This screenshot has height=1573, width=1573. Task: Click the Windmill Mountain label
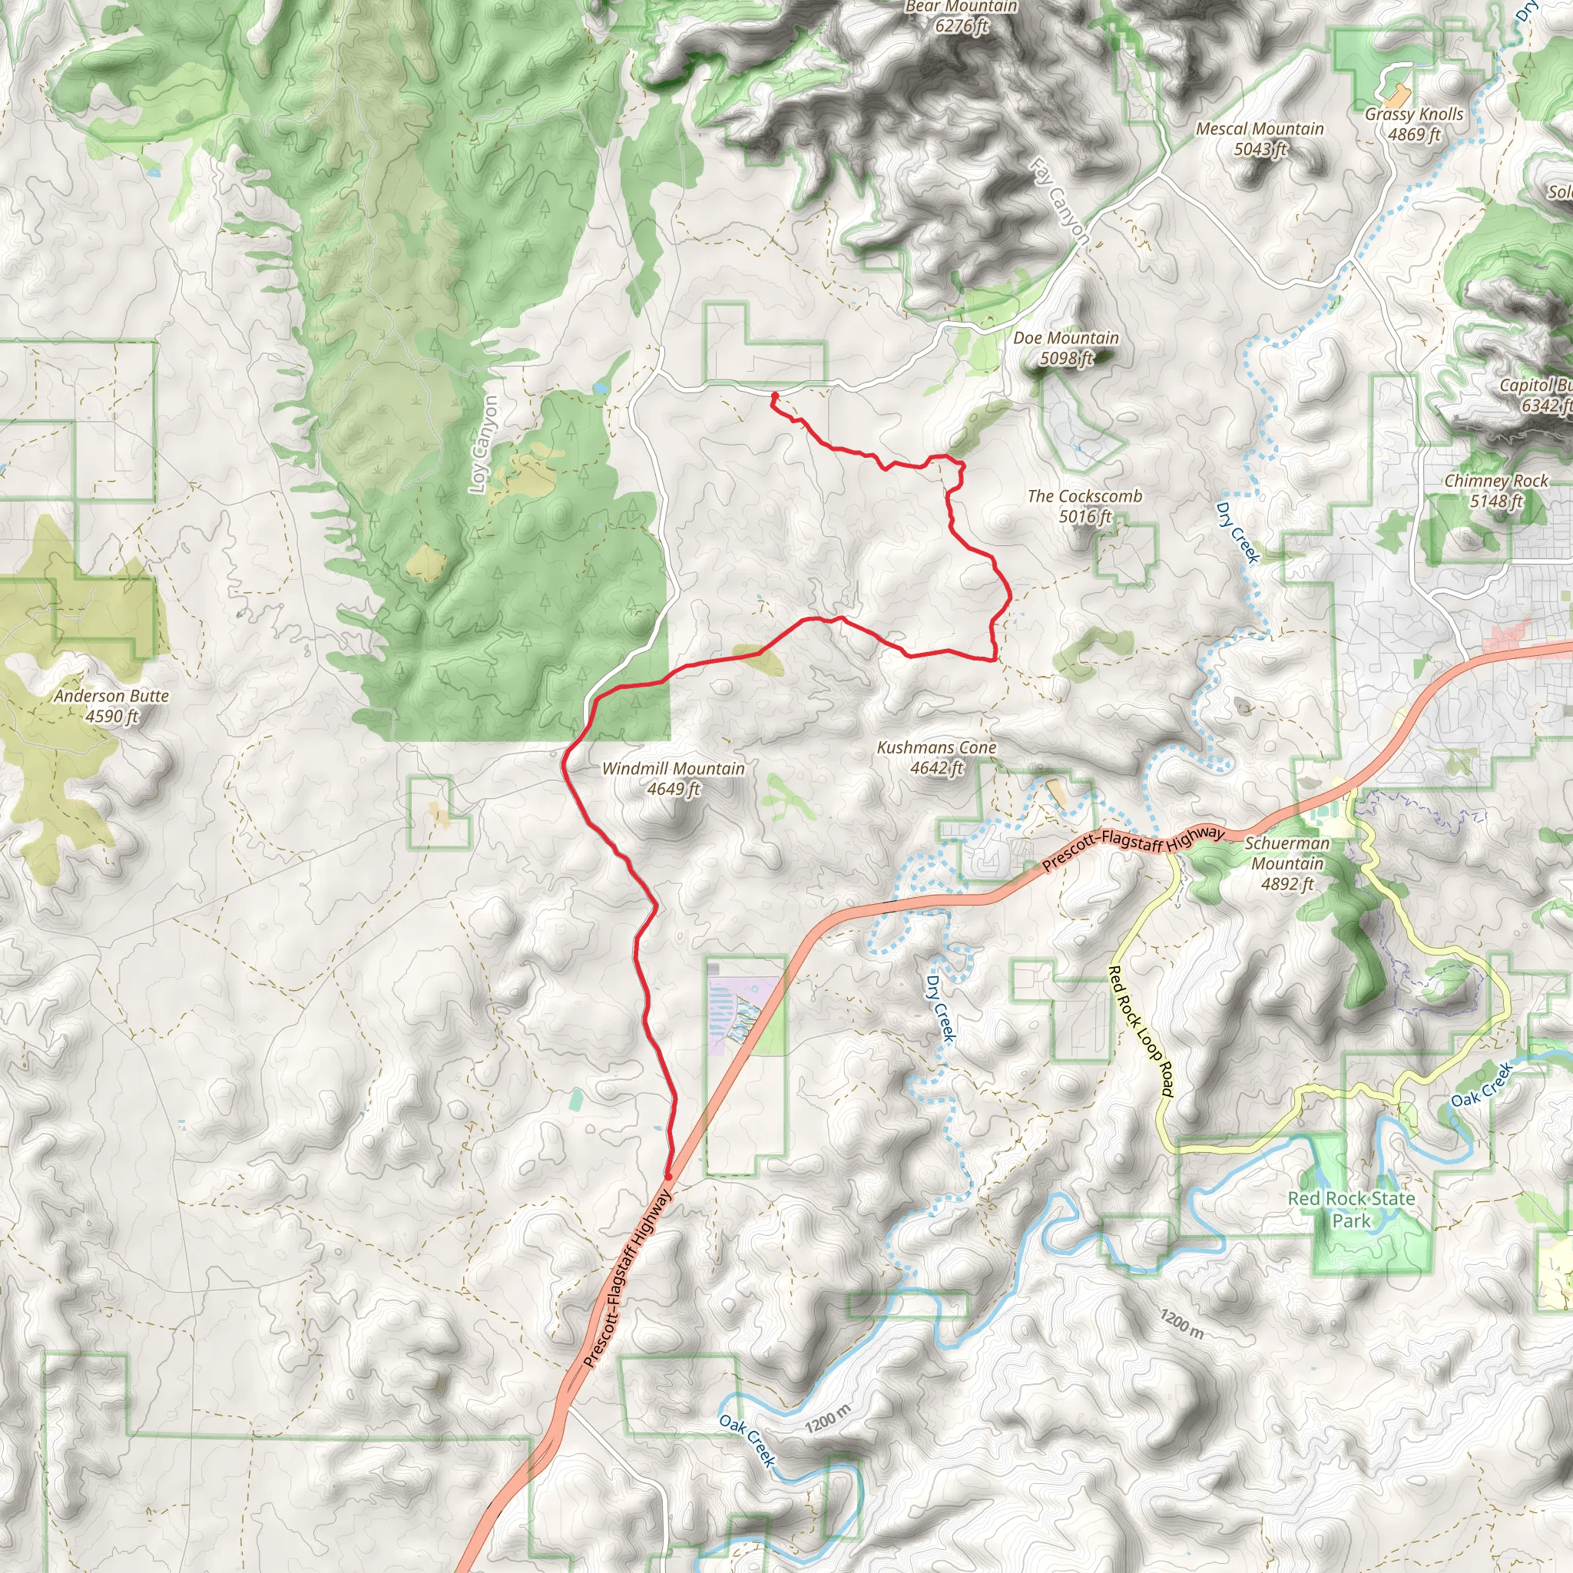pyautogui.click(x=673, y=769)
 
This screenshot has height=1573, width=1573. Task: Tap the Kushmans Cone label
pyautogui.click(x=936, y=747)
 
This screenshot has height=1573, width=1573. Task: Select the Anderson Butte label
pyautogui.click(x=111, y=696)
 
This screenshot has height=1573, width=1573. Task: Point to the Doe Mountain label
pyautogui.click(x=1066, y=338)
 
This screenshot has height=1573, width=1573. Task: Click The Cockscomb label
pyautogui.click(x=1085, y=496)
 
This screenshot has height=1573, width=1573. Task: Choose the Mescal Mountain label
pyautogui.click(x=1260, y=128)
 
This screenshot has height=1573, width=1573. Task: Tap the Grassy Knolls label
pyautogui.click(x=1414, y=114)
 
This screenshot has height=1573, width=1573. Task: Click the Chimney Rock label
pyautogui.click(x=1495, y=481)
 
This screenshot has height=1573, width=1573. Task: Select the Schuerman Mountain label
pyautogui.click(x=1287, y=853)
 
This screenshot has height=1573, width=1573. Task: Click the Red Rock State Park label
pyautogui.click(x=1352, y=1209)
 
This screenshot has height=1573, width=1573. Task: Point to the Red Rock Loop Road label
pyautogui.click(x=1141, y=1031)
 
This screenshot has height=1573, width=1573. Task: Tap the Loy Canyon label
pyautogui.click(x=484, y=445)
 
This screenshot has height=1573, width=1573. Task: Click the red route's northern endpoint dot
pyautogui.click(x=774, y=396)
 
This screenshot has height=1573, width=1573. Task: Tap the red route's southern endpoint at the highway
pyautogui.click(x=668, y=1177)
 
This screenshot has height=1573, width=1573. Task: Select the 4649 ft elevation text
pyautogui.click(x=674, y=789)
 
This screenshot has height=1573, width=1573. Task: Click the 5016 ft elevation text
pyautogui.click(x=1085, y=516)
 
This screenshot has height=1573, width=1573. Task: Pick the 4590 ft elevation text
pyautogui.click(x=111, y=717)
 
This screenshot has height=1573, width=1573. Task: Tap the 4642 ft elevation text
pyautogui.click(x=936, y=768)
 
